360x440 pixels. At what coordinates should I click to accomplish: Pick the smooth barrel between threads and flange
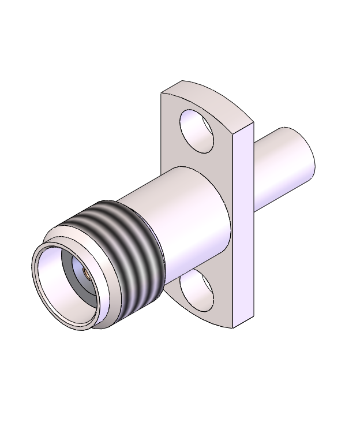click(x=185, y=219)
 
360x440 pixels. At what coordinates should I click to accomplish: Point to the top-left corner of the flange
click(x=163, y=92)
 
